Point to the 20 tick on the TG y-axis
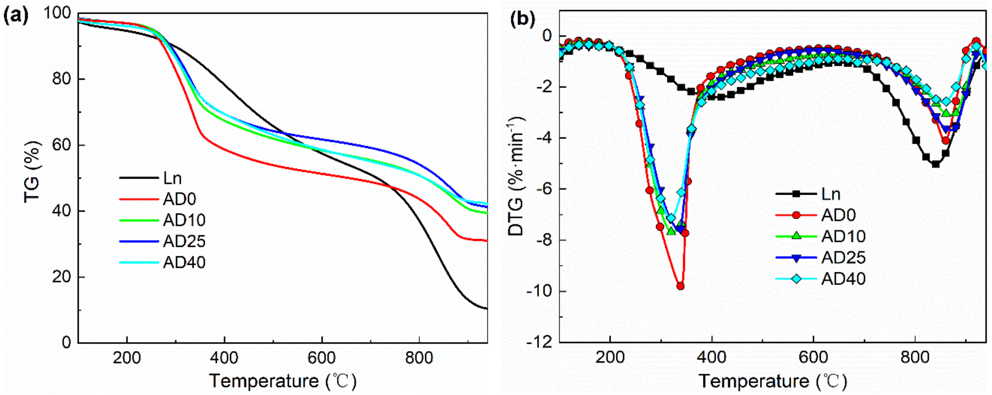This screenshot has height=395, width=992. (64, 277)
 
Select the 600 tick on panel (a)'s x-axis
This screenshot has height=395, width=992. (322, 358)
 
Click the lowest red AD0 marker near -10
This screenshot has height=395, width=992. (680, 286)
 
